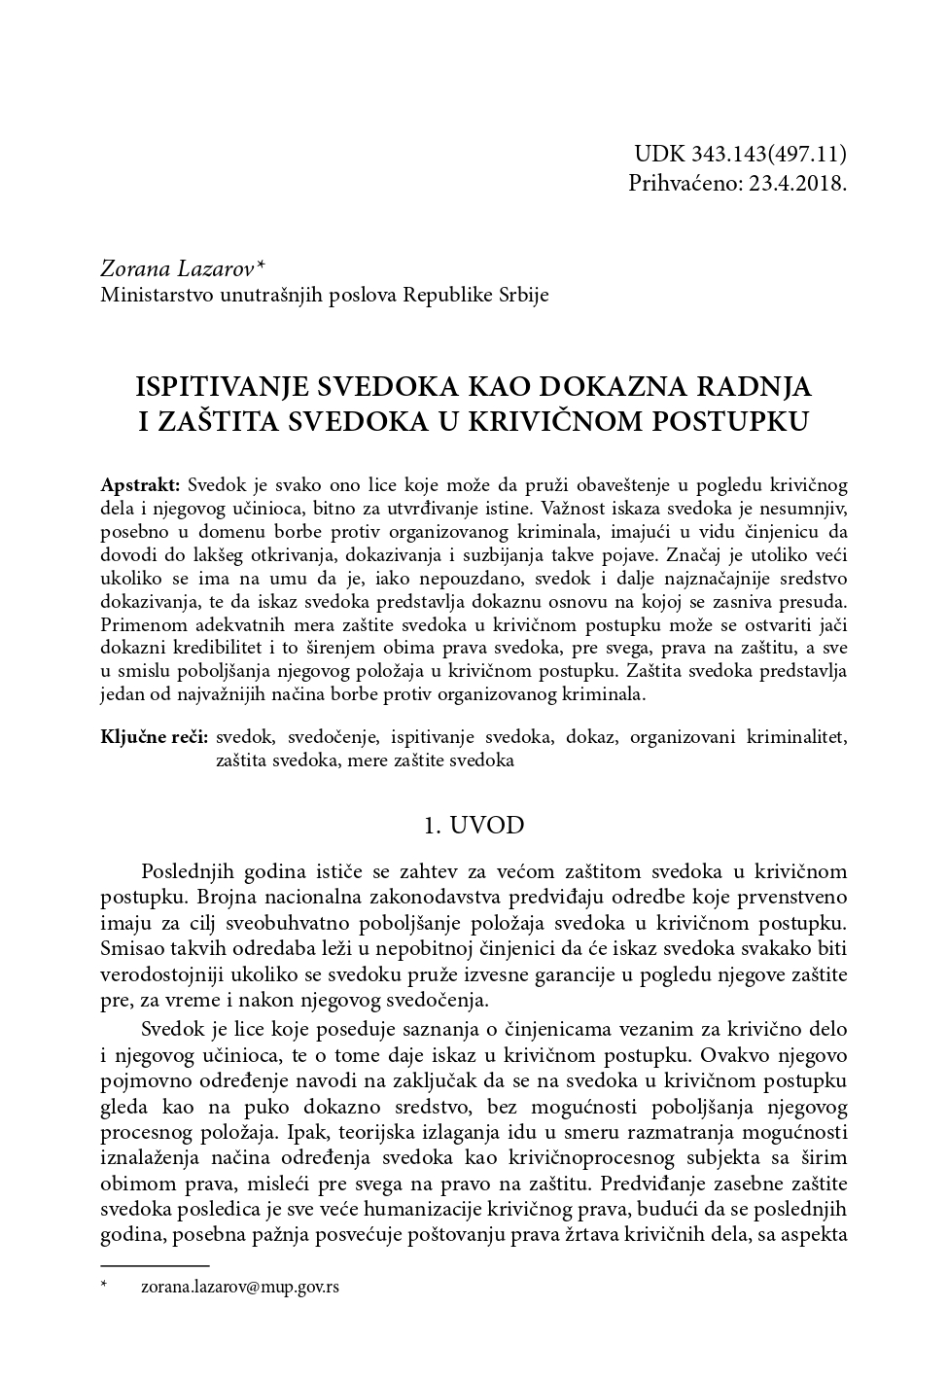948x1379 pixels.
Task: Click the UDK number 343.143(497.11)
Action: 768,155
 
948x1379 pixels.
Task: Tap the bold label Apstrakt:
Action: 140,484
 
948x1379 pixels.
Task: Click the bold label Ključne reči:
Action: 155,737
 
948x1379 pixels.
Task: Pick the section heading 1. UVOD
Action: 474,826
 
